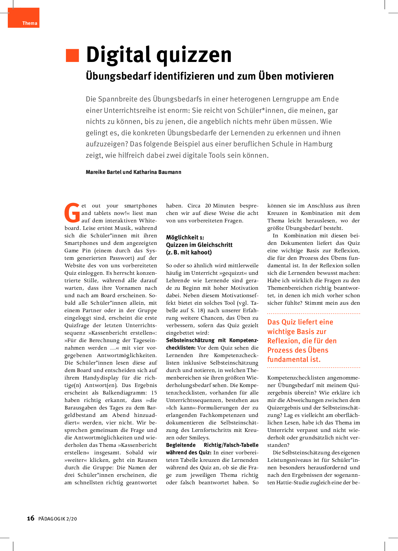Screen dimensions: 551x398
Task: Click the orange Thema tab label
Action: pyautogui.click(x=30, y=23)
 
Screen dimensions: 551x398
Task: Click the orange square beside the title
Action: pyautogui.click(x=72, y=55)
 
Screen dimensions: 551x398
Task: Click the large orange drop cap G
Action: pyautogui.click(x=72, y=213)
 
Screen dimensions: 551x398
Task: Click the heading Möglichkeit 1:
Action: pyautogui.click(x=185, y=237)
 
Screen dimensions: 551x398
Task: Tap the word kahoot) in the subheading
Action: pyautogui.click(x=201, y=252)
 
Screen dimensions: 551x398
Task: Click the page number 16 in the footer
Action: pyautogui.click(x=31, y=518)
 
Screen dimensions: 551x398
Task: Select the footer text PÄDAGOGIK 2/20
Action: pyautogui.click(x=58, y=519)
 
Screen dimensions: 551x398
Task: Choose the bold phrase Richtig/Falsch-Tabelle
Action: pyautogui.click(x=231, y=445)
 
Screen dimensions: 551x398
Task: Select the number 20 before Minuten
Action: pyautogui.click(x=208, y=206)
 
